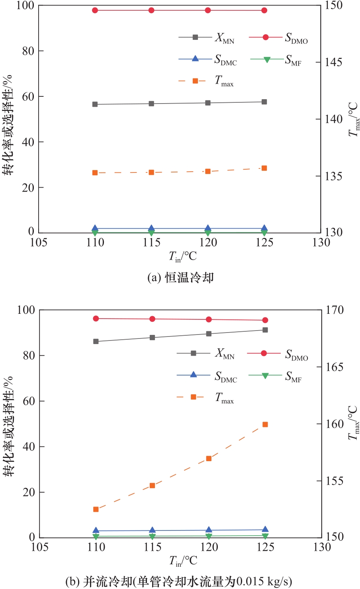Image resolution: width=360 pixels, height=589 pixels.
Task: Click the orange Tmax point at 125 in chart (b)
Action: point(265,425)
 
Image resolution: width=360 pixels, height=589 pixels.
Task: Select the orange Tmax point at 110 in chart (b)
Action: point(96,509)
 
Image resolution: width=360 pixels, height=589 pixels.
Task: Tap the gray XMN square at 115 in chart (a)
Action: point(151,104)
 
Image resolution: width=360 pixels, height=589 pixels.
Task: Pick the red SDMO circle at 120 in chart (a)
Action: point(208,10)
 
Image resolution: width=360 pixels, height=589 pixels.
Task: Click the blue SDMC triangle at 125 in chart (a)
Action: point(264,228)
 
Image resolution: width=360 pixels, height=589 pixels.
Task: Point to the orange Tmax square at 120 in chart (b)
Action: point(209,458)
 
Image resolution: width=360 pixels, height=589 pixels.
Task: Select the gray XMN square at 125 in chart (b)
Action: point(265,330)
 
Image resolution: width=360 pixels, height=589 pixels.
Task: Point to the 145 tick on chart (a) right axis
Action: point(334,62)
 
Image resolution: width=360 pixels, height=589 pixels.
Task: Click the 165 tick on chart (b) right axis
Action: point(335,367)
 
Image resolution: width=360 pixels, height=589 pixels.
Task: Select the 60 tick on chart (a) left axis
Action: point(28,96)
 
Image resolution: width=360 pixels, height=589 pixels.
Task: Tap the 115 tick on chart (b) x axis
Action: point(152,548)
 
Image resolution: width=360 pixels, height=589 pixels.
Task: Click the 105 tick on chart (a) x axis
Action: point(39,243)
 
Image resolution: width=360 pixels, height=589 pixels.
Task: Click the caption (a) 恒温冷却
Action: point(180,278)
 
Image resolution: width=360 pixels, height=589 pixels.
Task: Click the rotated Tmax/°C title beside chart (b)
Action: point(353,423)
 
